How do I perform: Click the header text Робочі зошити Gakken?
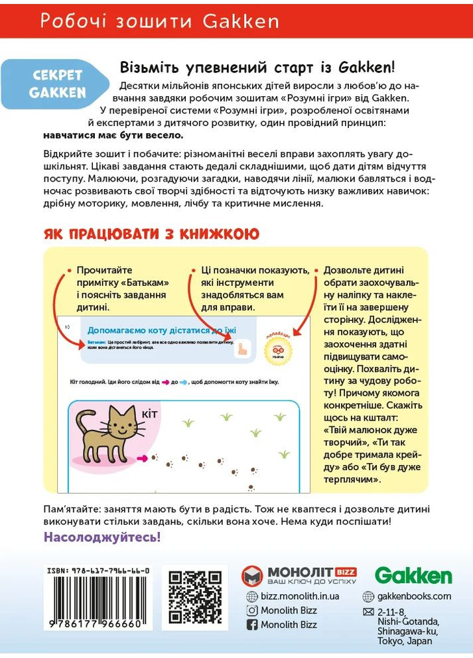click(159, 21)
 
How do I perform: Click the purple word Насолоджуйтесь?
click(102, 537)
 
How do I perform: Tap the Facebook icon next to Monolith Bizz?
click(252, 624)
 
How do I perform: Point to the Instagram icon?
click(252, 610)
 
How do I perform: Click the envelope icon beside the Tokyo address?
click(369, 611)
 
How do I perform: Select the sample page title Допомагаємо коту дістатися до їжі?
click(163, 330)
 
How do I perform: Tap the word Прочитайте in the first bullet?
click(105, 270)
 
